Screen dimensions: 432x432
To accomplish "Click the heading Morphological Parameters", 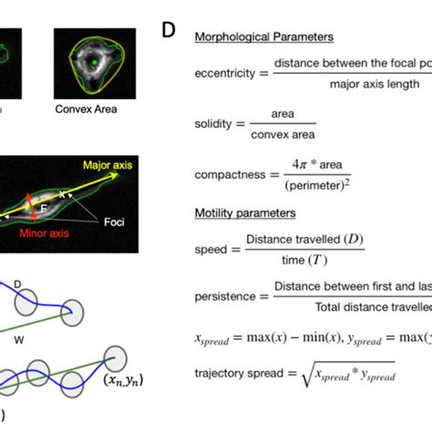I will coord(263,37).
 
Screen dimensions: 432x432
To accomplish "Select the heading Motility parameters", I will coord(245,213).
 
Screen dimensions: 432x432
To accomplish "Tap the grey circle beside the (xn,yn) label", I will coord(115,358).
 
